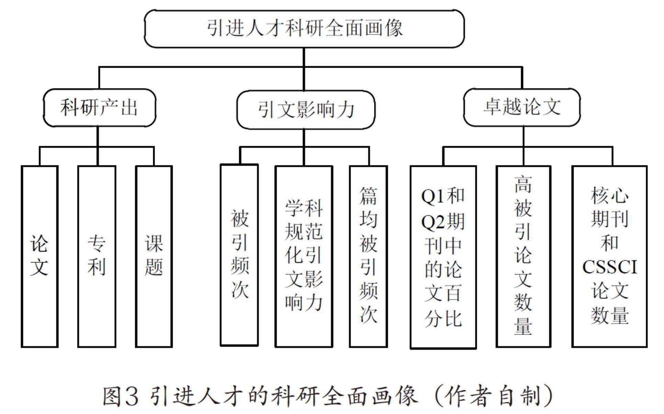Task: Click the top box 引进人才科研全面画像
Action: coord(304,28)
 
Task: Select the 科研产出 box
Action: coord(99,108)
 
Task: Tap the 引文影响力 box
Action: coord(306,110)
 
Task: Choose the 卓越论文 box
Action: coord(522,107)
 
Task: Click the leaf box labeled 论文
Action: coord(40,256)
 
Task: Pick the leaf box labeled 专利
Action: coord(97,256)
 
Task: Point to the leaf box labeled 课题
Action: coord(154,256)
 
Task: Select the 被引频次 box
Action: coord(239,255)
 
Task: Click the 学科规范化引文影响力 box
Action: coord(304,256)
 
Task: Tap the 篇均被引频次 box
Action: coord(368,256)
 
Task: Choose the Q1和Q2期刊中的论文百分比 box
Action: coord(443,257)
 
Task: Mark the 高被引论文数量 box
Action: coord(523,256)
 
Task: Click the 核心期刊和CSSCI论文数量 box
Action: coord(609,256)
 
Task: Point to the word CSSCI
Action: coord(609,267)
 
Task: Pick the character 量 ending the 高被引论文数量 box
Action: coord(523,325)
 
